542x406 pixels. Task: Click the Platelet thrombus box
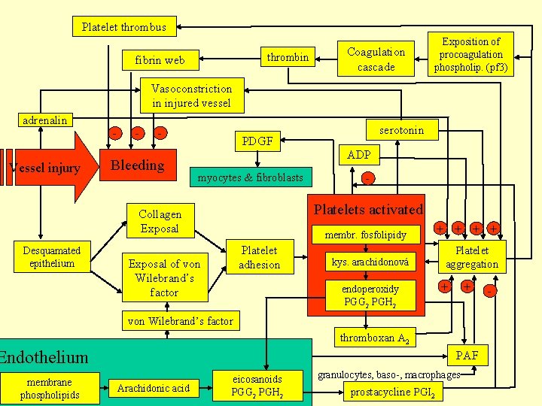tap(124, 28)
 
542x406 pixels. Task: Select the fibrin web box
tap(160, 60)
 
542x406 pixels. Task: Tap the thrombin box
tap(288, 57)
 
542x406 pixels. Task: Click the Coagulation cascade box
tap(376, 59)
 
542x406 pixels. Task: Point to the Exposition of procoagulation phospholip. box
tap(470, 55)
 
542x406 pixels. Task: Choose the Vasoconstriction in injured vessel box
tap(191, 95)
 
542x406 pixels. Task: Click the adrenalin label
tap(44, 120)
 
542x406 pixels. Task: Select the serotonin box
tap(401, 131)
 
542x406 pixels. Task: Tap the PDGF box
tap(257, 140)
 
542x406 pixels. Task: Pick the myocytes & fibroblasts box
tap(250, 178)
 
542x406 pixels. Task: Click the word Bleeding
tap(137, 165)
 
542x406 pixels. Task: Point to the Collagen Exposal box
tap(160, 221)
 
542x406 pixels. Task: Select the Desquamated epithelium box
tap(52, 256)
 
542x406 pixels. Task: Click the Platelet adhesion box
tap(259, 257)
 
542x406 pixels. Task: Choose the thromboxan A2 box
tap(374, 338)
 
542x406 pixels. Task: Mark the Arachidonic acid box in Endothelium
tap(153, 388)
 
